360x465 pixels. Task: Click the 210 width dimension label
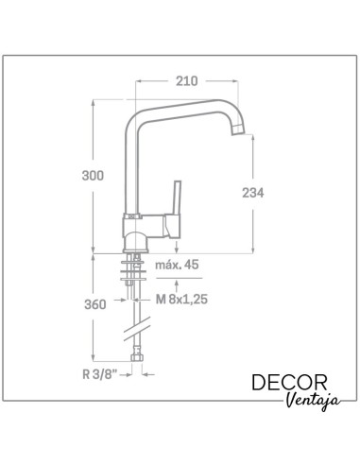[x=187, y=81]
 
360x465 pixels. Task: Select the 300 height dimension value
[x=93, y=176]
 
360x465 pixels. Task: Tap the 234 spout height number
[x=253, y=193]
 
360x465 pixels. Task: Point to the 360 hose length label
[x=95, y=304]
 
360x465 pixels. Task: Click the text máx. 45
[x=177, y=265]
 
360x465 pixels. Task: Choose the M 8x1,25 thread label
[x=181, y=299]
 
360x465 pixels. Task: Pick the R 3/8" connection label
[x=100, y=374]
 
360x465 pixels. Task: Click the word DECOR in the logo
[x=289, y=383]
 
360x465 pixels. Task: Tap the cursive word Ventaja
[x=314, y=401]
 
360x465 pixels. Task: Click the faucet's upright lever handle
[x=177, y=198]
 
